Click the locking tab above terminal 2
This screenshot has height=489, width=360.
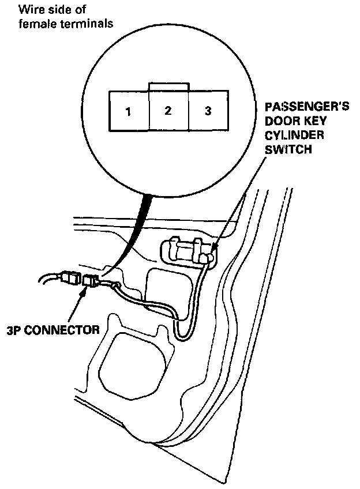tap(168, 86)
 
